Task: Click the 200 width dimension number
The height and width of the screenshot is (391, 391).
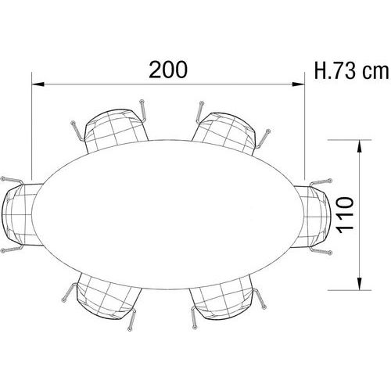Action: [168, 70]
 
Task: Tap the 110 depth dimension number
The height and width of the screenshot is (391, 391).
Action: [345, 215]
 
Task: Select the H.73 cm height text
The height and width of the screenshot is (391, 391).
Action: [352, 70]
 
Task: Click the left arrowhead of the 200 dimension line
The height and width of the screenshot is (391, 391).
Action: [38, 84]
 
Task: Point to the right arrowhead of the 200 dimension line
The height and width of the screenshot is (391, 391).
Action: [299, 84]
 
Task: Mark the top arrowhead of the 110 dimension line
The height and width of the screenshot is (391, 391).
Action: [360, 145]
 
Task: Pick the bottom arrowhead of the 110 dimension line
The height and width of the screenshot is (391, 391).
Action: [360, 284]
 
